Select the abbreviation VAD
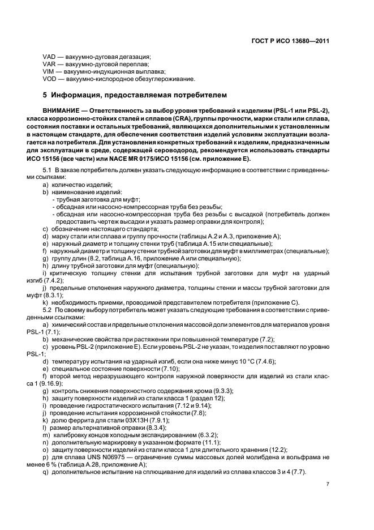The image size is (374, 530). pyautogui.click(x=49, y=57)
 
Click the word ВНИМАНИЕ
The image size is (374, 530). pyautogui.click(x=61, y=109)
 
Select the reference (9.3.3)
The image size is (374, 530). pyautogui.click(x=210, y=391)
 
